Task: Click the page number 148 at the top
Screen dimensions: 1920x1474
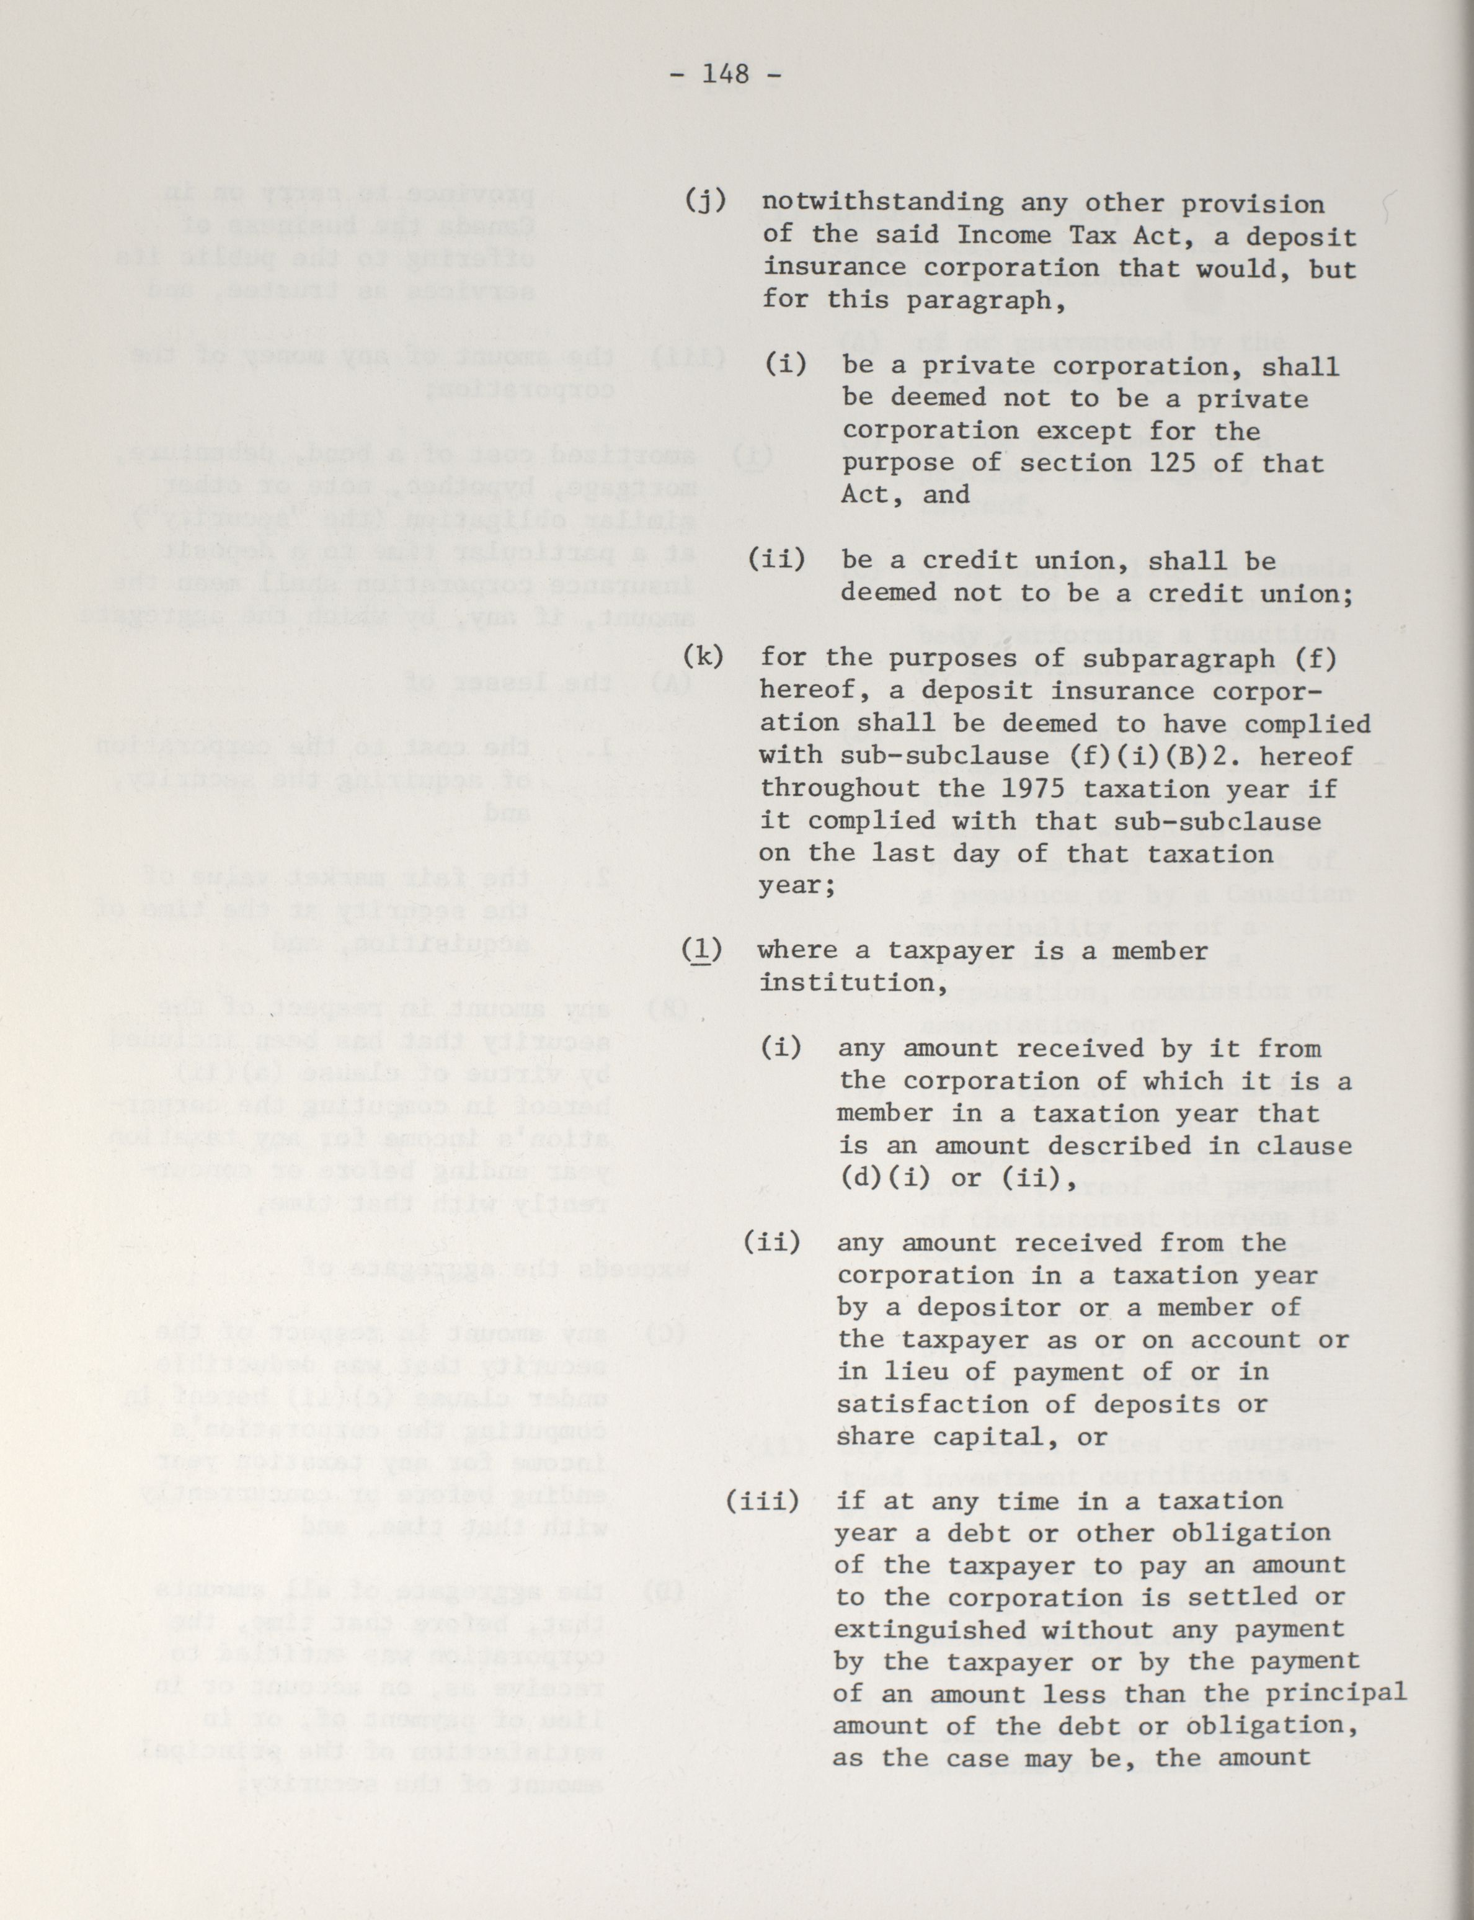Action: (726, 74)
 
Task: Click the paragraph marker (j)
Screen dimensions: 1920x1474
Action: (706, 201)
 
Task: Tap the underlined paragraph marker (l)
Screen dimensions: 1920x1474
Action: (702, 950)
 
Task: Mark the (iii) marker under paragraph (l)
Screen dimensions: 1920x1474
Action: (763, 1501)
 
